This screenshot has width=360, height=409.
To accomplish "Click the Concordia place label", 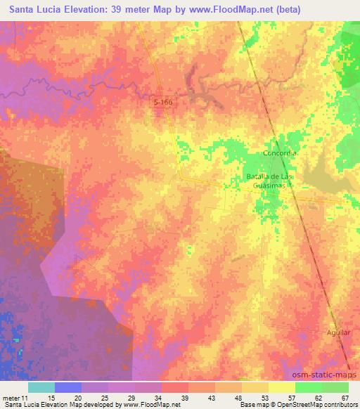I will point(281,153).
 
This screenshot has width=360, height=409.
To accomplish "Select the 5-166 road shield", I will point(162,103).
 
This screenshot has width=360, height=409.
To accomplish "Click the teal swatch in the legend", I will point(41,387).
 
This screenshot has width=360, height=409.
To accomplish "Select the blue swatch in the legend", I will point(68,387).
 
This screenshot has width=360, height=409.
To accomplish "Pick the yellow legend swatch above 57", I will point(281,387).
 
